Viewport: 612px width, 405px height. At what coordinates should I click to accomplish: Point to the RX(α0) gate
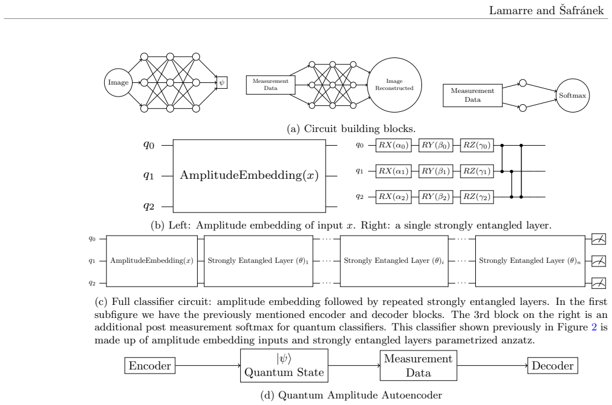[x=394, y=145]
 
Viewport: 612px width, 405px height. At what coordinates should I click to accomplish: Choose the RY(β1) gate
[x=436, y=171]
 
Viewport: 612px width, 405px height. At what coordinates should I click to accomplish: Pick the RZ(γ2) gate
[x=476, y=197]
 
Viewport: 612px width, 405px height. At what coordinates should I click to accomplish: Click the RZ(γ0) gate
[x=476, y=145]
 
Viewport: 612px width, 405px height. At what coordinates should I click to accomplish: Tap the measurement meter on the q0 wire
[x=599, y=239]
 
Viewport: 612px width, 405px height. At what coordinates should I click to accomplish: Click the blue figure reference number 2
[x=594, y=327]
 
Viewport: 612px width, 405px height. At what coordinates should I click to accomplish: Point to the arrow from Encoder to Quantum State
[x=208, y=365]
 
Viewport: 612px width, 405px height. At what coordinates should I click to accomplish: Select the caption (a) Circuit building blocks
[x=351, y=128]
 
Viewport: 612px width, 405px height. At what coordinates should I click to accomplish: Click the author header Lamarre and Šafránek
[x=546, y=10]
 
